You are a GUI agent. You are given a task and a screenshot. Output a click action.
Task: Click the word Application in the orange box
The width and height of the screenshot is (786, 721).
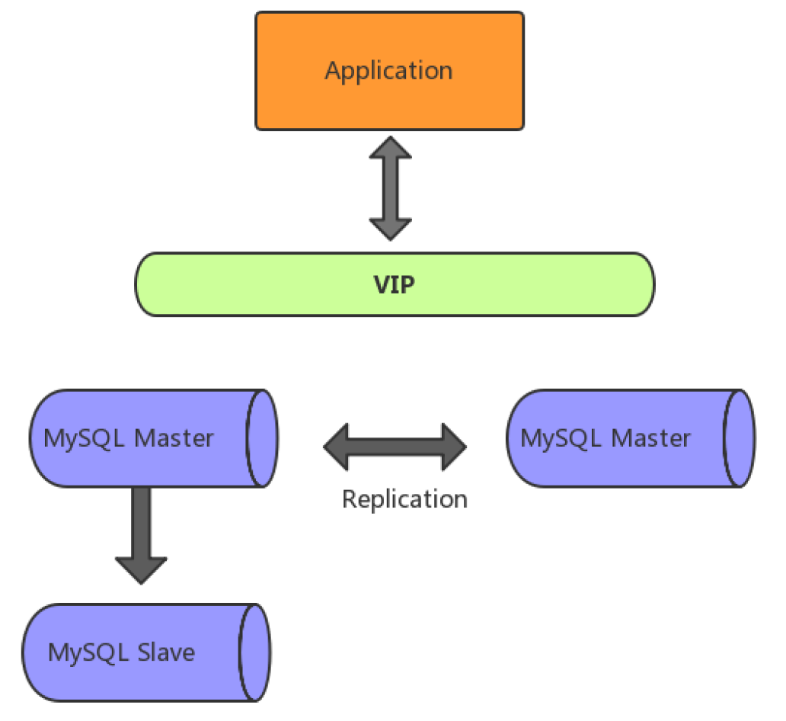tap(388, 71)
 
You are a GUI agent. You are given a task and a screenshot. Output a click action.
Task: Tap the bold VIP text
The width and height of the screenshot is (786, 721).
tap(394, 285)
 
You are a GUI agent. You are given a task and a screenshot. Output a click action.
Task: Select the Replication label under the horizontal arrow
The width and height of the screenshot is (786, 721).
tap(404, 499)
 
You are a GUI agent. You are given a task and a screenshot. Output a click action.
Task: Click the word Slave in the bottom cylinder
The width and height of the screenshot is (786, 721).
tap(167, 652)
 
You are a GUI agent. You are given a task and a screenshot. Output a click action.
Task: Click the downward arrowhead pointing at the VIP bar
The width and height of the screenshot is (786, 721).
tap(390, 228)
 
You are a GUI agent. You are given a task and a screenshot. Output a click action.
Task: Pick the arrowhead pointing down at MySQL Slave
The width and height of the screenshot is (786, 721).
tap(141, 569)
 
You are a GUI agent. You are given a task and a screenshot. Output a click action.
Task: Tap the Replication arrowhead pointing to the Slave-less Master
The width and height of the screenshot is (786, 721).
tap(454, 446)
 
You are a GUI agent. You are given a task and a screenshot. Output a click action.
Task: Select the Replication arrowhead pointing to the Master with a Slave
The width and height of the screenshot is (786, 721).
tap(337, 446)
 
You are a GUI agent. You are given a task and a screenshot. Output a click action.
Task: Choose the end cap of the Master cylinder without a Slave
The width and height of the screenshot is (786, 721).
tap(739, 438)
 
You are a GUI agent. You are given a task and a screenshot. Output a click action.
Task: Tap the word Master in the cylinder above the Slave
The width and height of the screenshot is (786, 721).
tap(174, 438)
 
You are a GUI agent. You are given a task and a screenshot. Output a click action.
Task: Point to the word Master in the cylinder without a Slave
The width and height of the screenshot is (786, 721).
tap(650, 438)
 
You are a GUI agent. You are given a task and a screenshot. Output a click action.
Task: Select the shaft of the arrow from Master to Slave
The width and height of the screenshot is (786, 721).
tap(141, 522)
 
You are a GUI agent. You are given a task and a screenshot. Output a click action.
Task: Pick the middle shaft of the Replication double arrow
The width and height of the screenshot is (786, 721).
tap(395, 446)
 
